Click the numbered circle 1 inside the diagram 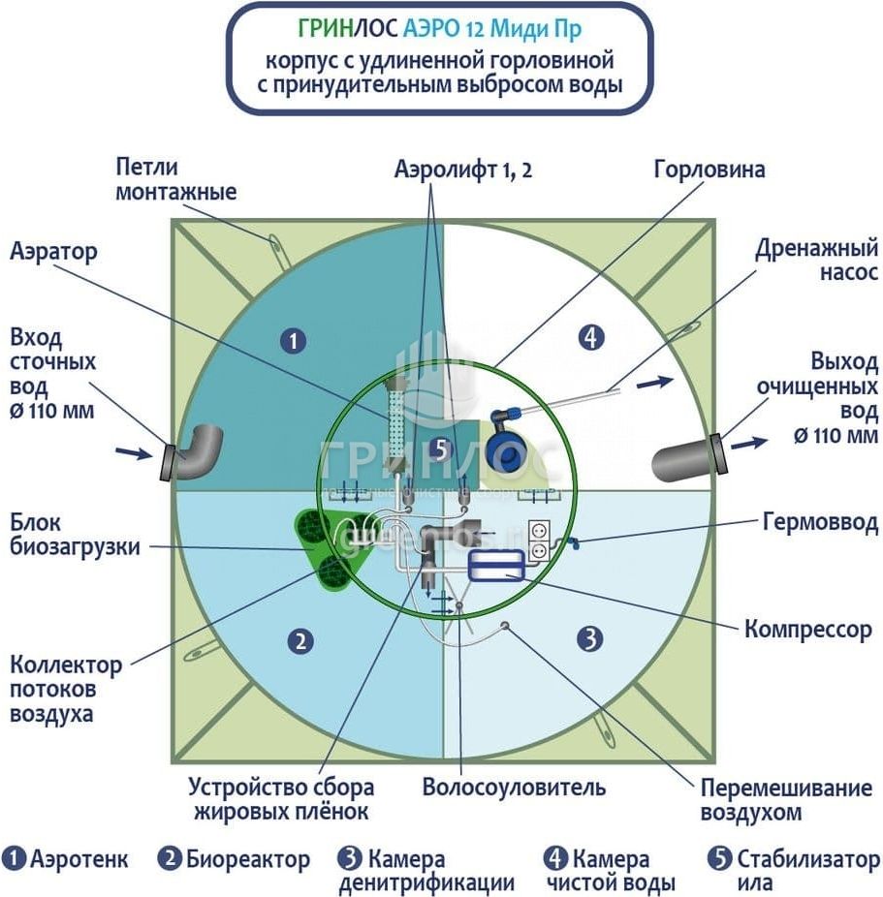click(292, 340)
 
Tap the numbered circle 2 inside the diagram click(301, 639)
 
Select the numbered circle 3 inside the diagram click(590, 638)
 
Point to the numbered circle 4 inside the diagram click(590, 337)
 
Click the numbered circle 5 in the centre click(441, 448)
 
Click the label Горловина click(710, 170)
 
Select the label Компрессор click(808, 630)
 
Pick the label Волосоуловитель click(514, 787)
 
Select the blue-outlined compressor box click(495, 566)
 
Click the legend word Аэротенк click(79, 859)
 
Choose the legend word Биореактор click(249, 859)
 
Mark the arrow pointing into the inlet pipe click(132, 451)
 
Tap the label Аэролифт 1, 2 click(463, 170)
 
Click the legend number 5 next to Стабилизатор click(718, 859)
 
